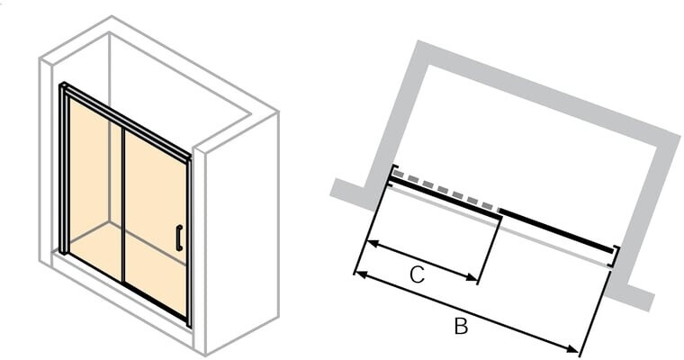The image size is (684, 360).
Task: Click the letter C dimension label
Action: pos(417,274)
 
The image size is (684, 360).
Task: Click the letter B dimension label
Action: pos(461,326)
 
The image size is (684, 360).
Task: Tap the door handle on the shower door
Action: pos(179,238)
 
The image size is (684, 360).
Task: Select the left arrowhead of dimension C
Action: pos(373,244)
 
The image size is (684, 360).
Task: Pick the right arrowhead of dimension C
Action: pos(472,277)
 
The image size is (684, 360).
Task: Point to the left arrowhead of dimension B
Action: pos(360,274)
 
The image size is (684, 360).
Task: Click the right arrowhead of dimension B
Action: pos(572,347)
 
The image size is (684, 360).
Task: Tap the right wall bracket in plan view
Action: pos(616,256)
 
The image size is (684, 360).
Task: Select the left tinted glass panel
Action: pos(95,190)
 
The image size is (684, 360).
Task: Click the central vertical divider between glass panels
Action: pos(123,205)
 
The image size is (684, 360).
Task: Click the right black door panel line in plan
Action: pos(556,230)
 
